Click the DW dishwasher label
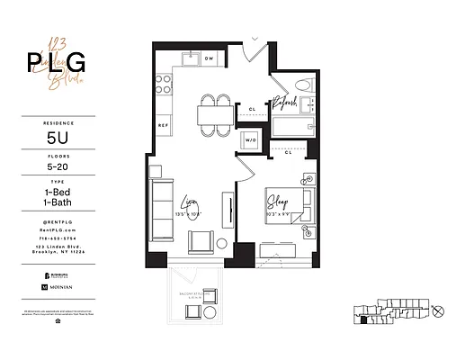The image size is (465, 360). (208, 58)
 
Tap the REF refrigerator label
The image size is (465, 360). (164, 124)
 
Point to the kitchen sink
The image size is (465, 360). (189, 59)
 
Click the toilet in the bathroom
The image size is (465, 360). (304, 88)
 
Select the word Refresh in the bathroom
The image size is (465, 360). (285, 103)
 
